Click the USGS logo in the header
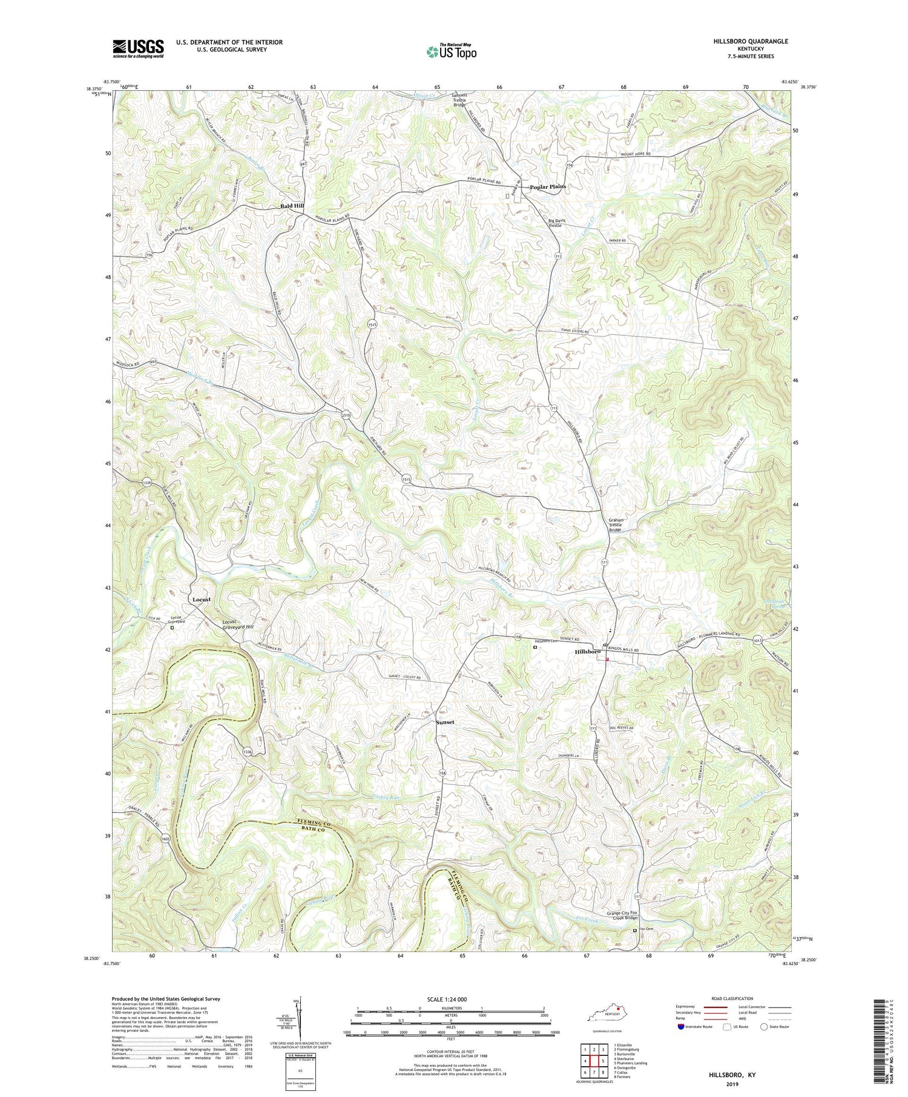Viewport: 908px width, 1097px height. [138, 48]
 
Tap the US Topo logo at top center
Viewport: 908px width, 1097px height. [451, 51]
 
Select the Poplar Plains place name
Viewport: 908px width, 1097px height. [548, 187]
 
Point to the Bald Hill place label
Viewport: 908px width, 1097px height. [292, 206]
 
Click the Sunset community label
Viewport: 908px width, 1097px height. [445, 722]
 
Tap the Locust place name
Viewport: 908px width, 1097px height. [202, 600]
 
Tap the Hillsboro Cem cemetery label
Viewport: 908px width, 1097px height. [545, 641]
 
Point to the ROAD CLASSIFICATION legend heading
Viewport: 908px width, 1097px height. [732, 998]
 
